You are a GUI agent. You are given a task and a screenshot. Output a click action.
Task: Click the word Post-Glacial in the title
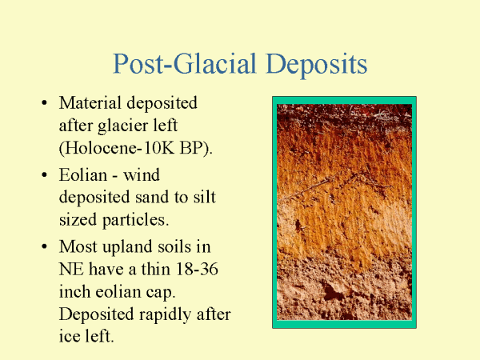click(185, 64)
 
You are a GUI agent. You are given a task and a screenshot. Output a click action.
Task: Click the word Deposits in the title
click(317, 65)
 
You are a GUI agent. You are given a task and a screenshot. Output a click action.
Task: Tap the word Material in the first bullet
click(90, 102)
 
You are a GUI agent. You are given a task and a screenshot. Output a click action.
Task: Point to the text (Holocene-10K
click(117, 148)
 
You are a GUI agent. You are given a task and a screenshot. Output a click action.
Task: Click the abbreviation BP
click(196, 148)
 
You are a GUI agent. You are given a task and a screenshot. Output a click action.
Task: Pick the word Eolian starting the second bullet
click(83, 174)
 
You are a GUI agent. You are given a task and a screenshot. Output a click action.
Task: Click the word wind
click(142, 174)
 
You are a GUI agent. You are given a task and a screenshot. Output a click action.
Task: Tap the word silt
click(205, 197)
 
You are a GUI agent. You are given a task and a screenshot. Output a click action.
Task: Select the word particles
click(135, 221)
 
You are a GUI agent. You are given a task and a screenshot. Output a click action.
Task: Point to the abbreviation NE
click(71, 270)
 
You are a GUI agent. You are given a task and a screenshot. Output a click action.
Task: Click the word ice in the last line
click(69, 336)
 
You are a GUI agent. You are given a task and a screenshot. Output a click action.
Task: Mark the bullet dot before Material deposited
click(44, 103)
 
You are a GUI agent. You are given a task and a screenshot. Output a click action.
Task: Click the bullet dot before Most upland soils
click(44, 246)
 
